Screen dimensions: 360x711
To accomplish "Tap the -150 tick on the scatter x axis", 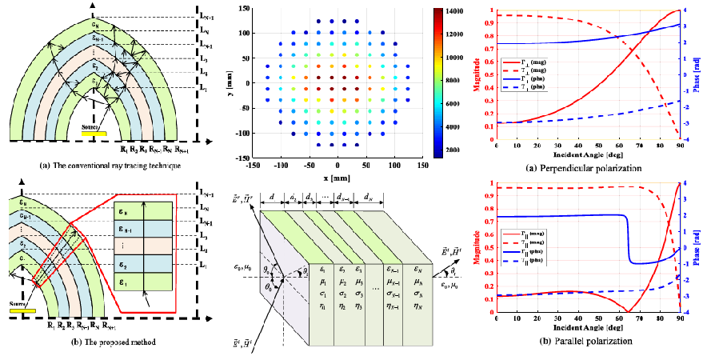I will [x=254, y=164].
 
